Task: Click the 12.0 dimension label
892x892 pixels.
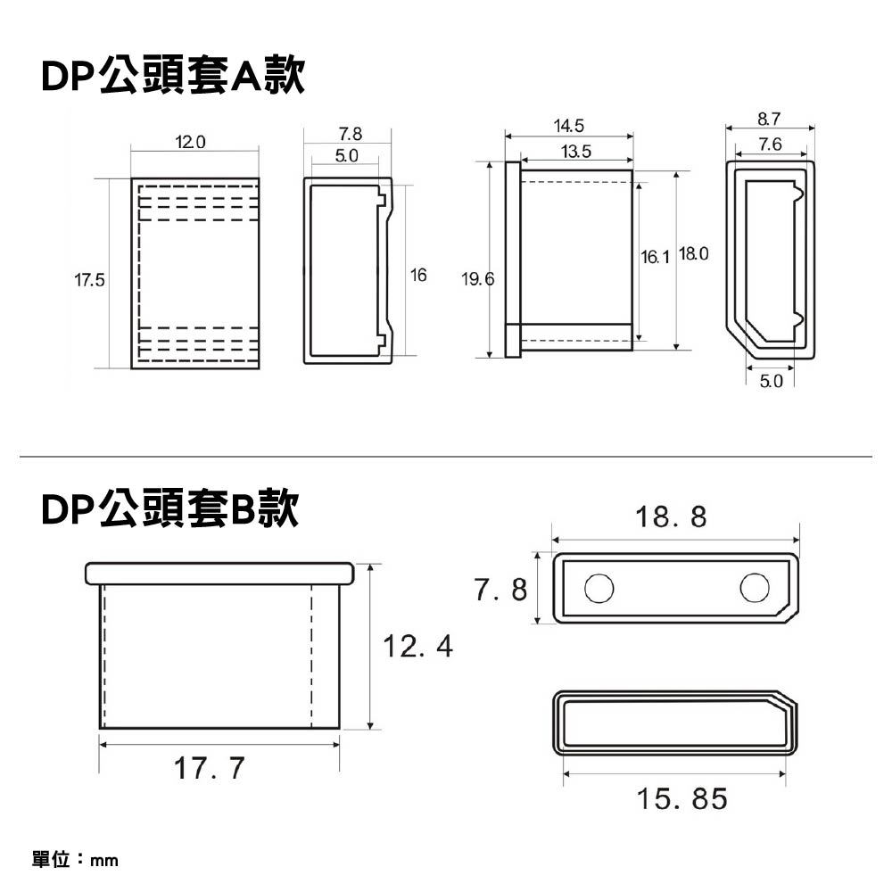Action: pyautogui.click(x=190, y=143)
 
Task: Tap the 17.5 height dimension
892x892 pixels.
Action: pyautogui.click(x=89, y=280)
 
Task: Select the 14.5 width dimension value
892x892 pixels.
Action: pyautogui.click(x=568, y=125)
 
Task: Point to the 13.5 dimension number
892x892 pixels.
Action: pyautogui.click(x=575, y=152)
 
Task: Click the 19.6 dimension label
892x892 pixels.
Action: pyautogui.click(x=477, y=280)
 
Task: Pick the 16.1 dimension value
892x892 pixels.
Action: pyautogui.click(x=655, y=257)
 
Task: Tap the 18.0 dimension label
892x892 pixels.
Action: pyautogui.click(x=694, y=255)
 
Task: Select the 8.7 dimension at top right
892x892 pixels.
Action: pyautogui.click(x=770, y=119)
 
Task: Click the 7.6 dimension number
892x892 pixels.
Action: pyautogui.click(x=770, y=145)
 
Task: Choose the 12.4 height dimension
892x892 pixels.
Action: pyautogui.click(x=417, y=646)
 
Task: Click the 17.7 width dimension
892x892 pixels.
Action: pyautogui.click(x=210, y=768)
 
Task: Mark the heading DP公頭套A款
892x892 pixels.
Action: pyautogui.click(x=173, y=78)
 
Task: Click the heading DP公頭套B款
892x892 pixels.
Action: pyautogui.click(x=169, y=509)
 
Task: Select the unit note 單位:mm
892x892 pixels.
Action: pyautogui.click(x=75, y=861)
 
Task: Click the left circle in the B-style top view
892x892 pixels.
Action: pyautogui.click(x=599, y=588)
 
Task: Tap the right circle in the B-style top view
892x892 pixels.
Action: pyautogui.click(x=755, y=588)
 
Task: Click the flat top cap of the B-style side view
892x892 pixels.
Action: pyautogui.click(x=219, y=573)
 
